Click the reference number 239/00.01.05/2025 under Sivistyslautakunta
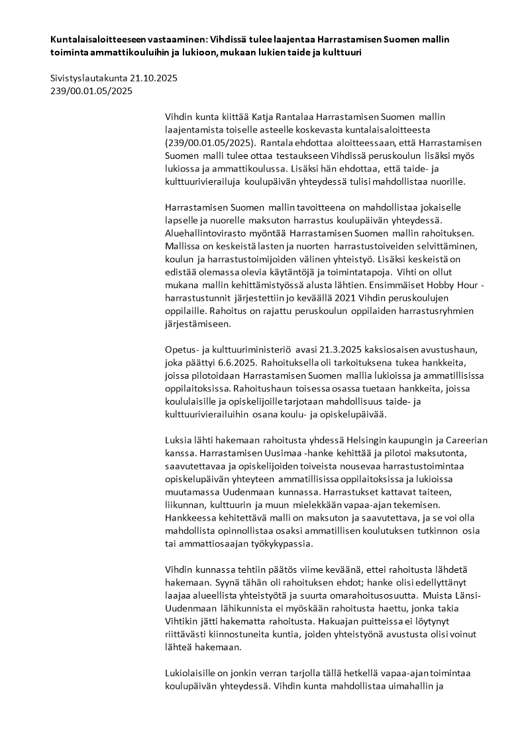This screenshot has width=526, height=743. tap(91, 91)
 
